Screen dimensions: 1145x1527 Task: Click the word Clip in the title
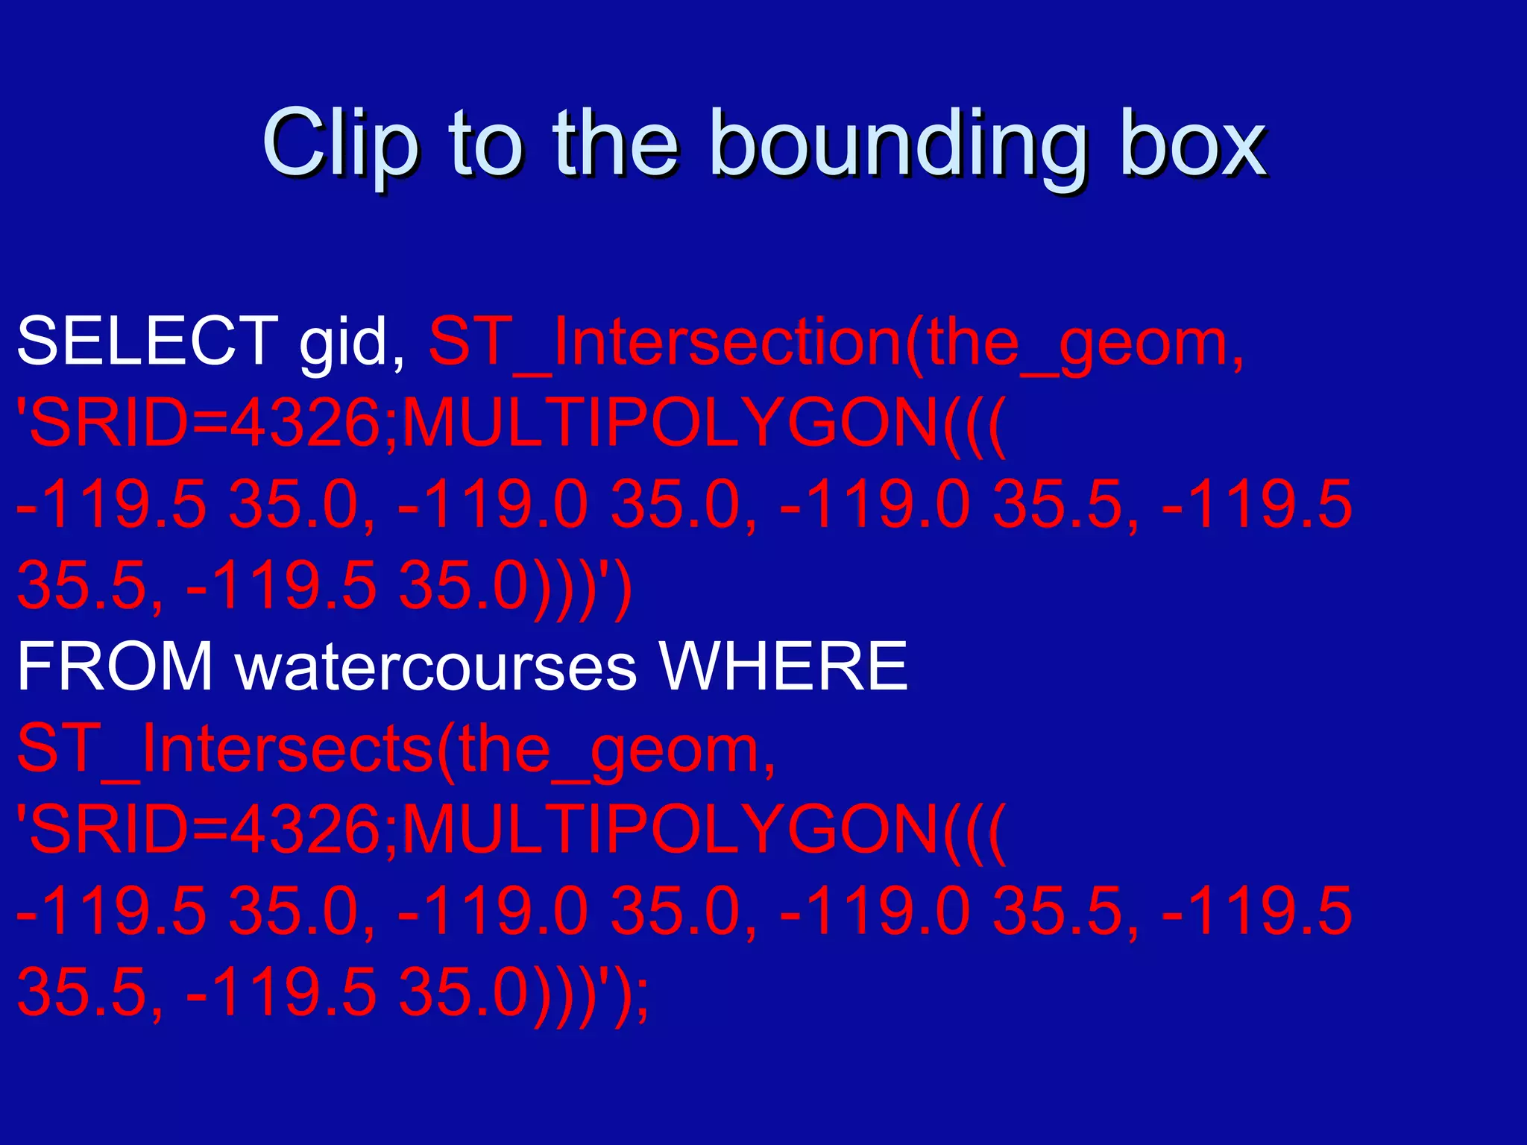[339, 144]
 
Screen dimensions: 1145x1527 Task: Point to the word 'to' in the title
[485, 144]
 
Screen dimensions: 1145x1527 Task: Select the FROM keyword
[115, 666]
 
